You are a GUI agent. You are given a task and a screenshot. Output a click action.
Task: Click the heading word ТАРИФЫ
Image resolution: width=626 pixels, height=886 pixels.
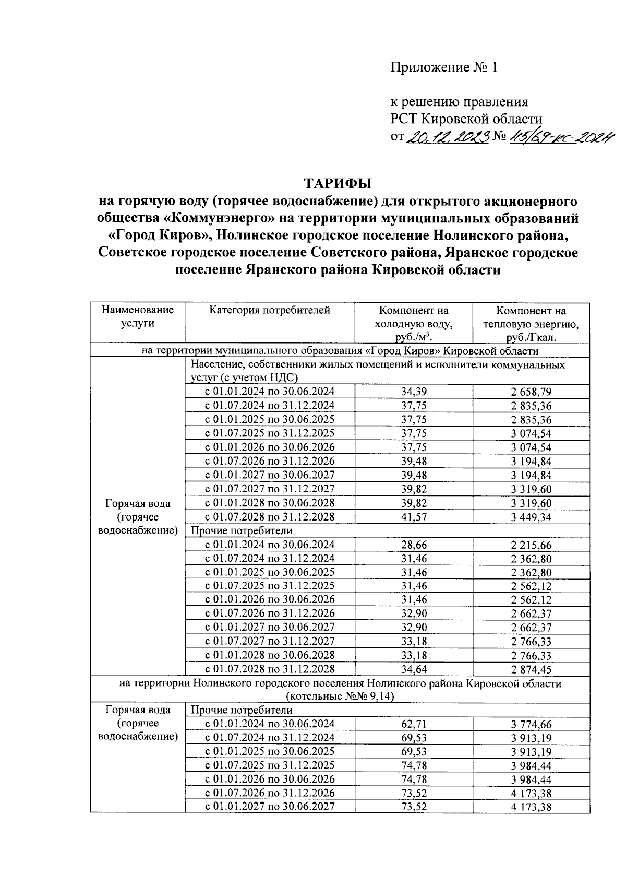(x=338, y=183)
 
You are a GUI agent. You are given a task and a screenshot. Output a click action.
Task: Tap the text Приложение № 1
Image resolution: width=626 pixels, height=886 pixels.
(x=444, y=67)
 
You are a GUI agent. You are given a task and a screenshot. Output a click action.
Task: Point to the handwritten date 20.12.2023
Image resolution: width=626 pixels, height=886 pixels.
(x=448, y=137)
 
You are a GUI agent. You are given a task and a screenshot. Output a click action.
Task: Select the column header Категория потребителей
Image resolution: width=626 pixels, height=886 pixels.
(x=270, y=311)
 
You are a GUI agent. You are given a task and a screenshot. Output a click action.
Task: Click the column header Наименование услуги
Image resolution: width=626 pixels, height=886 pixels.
(x=138, y=316)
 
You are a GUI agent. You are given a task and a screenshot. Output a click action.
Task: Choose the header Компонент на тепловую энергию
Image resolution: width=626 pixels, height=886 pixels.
(x=531, y=324)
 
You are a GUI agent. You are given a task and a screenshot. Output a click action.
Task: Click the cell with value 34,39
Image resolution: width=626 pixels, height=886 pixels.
(x=414, y=392)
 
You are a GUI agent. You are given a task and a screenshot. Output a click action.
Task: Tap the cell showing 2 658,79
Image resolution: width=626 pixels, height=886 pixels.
(x=531, y=392)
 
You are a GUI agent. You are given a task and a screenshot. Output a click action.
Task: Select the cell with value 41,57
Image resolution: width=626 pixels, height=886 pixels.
(x=414, y=517)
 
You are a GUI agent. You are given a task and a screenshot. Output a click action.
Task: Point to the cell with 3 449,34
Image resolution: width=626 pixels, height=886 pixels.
(x=531, y=517)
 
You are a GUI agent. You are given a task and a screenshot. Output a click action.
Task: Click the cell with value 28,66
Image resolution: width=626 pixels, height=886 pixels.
(x=414, y=545)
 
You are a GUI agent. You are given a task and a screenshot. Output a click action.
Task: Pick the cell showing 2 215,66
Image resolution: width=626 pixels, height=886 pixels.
(x=531, y=545)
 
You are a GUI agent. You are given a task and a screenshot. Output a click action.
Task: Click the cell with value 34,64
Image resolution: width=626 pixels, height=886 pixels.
(x=414, y=669)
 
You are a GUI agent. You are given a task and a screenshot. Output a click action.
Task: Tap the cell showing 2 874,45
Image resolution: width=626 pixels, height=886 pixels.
(x=531, y=669)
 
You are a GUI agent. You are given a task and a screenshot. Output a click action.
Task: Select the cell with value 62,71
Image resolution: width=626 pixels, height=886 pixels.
(x=414, y=724)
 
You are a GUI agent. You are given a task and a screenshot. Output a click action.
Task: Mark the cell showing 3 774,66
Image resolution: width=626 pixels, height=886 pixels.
(x=531, y=724)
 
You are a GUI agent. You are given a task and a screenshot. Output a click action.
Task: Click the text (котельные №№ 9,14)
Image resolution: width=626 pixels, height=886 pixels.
(x=340, y=696)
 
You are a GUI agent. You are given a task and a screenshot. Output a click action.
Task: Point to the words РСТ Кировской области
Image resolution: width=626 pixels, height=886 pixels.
(x=467, y=119)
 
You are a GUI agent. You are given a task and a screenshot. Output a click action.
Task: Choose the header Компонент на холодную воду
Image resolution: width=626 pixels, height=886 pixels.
(x=414, y=324)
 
